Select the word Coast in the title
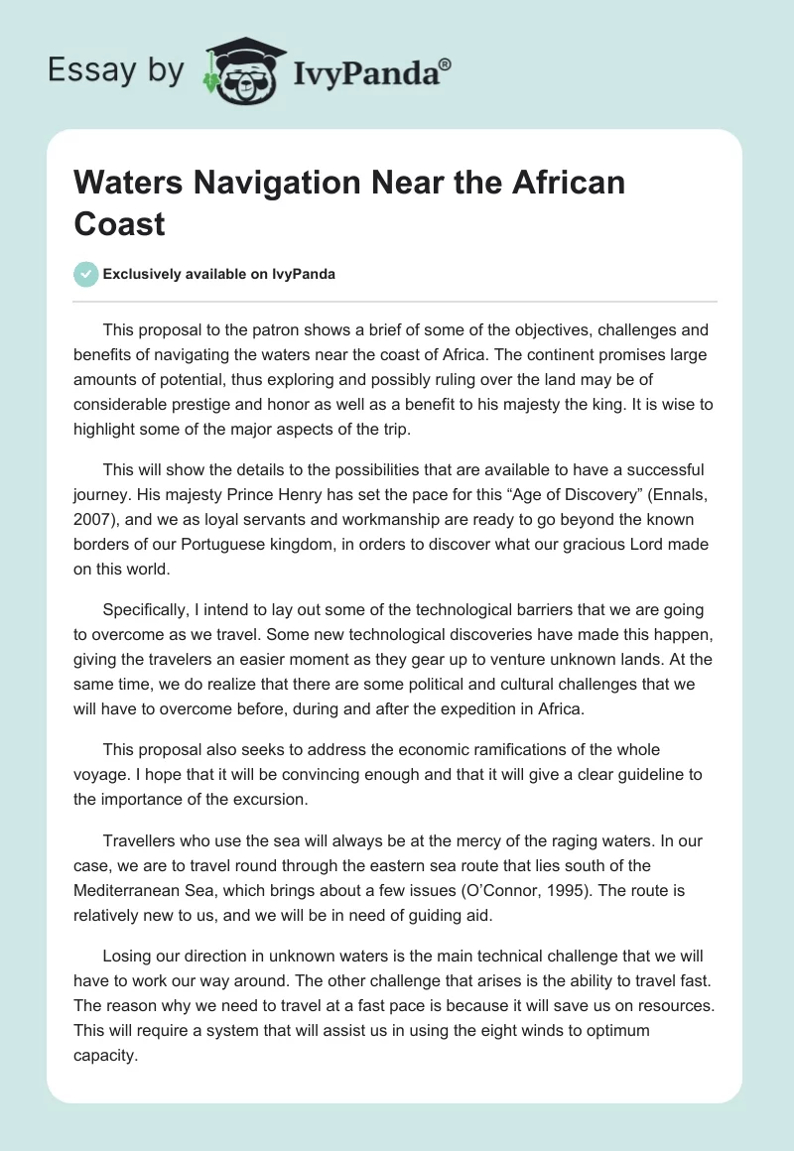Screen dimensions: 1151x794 pos(119,222)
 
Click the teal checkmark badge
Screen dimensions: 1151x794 pos(86,275)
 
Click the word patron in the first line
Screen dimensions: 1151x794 pos(272,329)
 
